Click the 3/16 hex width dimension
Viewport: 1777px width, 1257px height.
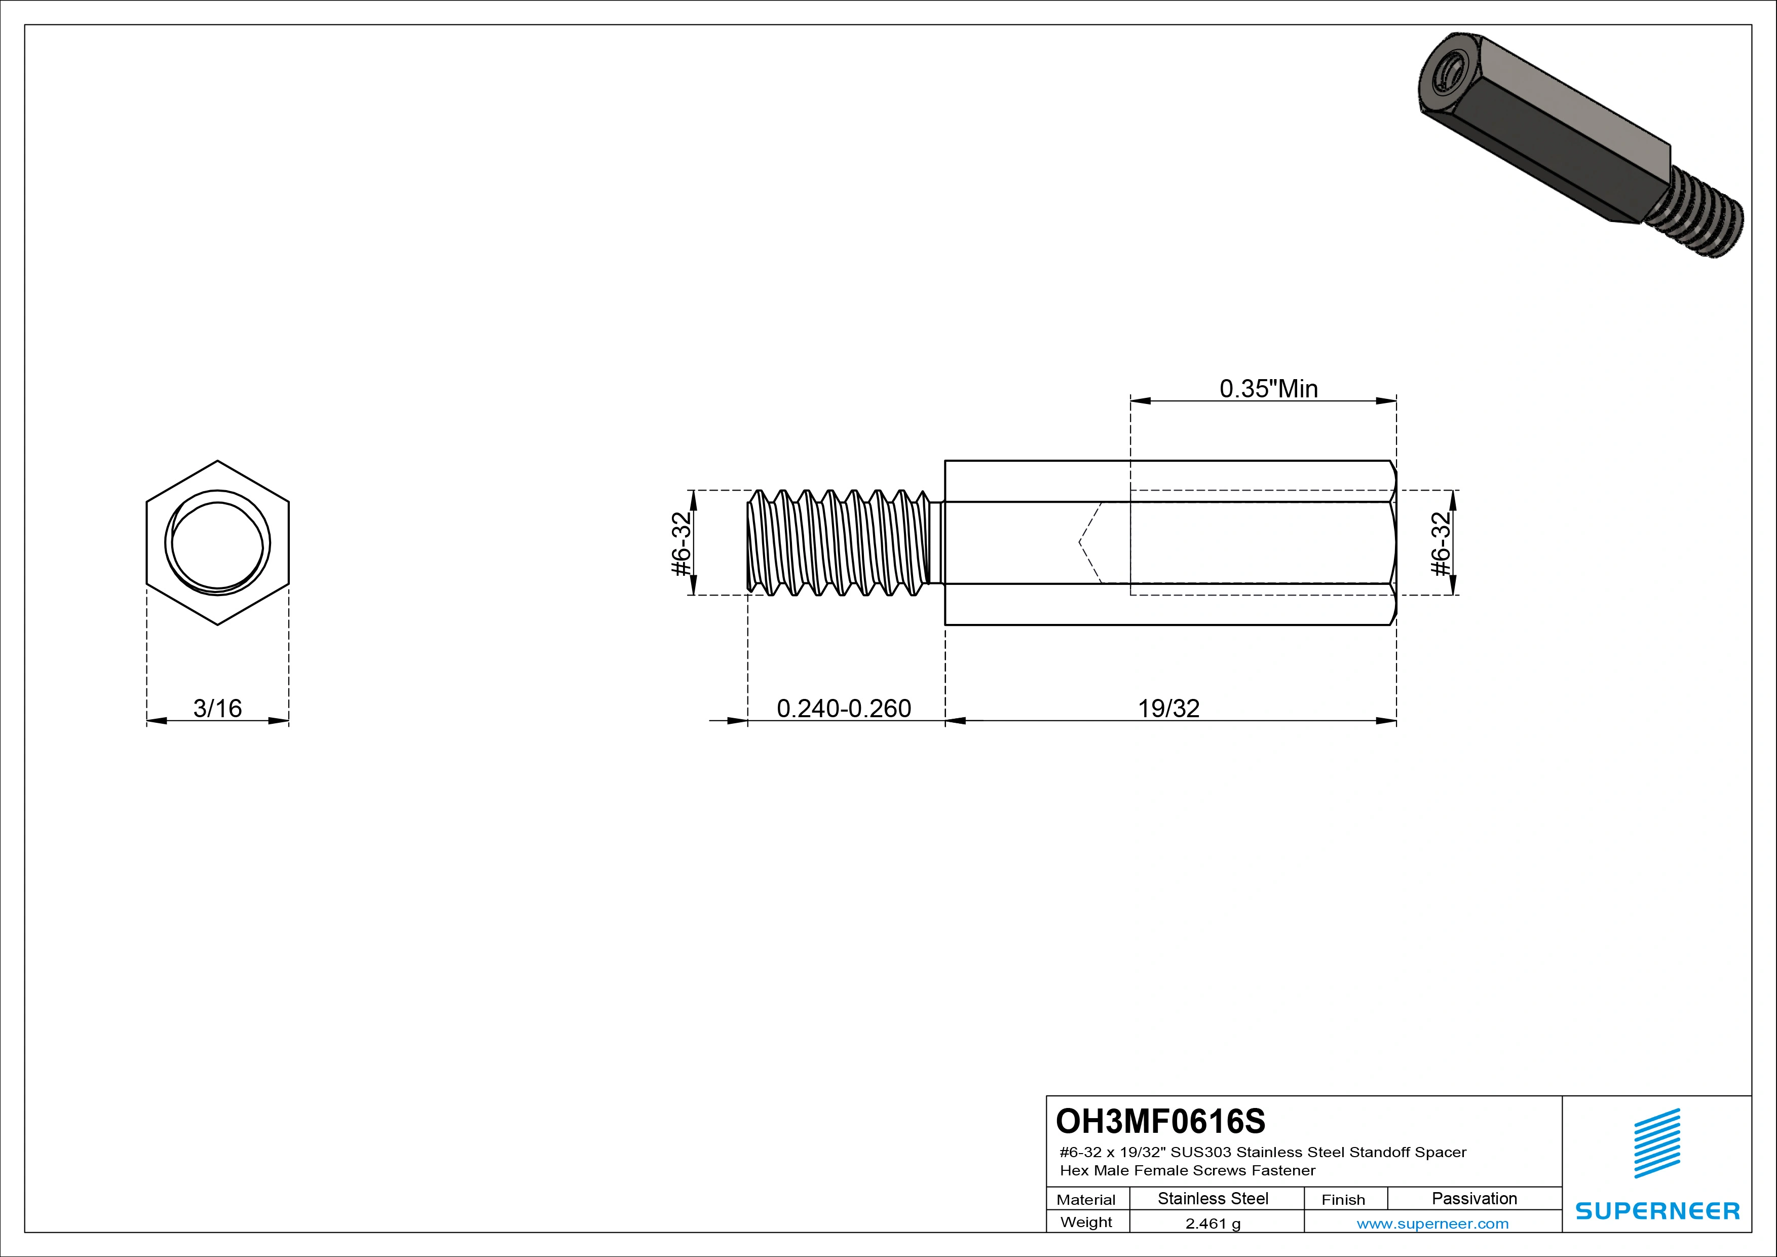217,708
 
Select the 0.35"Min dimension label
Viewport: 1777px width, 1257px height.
1268,389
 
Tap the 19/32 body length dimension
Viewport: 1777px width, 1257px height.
1168,708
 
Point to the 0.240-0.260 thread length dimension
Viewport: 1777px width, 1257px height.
844,708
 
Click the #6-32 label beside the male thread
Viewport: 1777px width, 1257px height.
681,543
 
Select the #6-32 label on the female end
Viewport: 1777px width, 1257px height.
1441,543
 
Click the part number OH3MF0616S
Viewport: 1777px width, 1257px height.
1160,1121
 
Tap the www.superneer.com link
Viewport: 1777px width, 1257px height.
1432,1224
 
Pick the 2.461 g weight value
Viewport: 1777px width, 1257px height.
1213,1224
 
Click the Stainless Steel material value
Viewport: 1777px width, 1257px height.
1213,1198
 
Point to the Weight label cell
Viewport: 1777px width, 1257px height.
1086,1222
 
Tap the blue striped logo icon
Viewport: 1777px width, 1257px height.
1657,1143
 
